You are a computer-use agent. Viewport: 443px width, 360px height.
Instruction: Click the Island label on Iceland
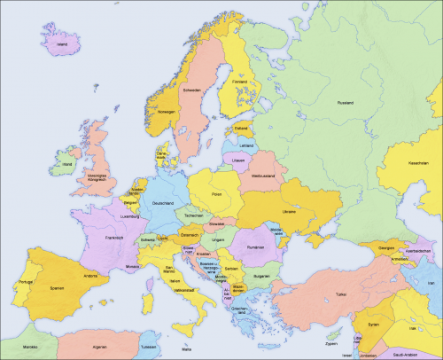point(61,42)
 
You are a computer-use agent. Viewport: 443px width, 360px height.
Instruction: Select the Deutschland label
point(164,204)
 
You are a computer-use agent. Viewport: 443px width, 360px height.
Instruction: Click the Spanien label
point(57,288)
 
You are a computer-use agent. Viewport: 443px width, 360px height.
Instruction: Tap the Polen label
point(217,192)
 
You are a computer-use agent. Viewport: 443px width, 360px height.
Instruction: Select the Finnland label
point(239,82)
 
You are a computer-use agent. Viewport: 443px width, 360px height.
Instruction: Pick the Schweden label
point(193,90)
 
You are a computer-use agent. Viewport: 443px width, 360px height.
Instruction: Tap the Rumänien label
point(257,247)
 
